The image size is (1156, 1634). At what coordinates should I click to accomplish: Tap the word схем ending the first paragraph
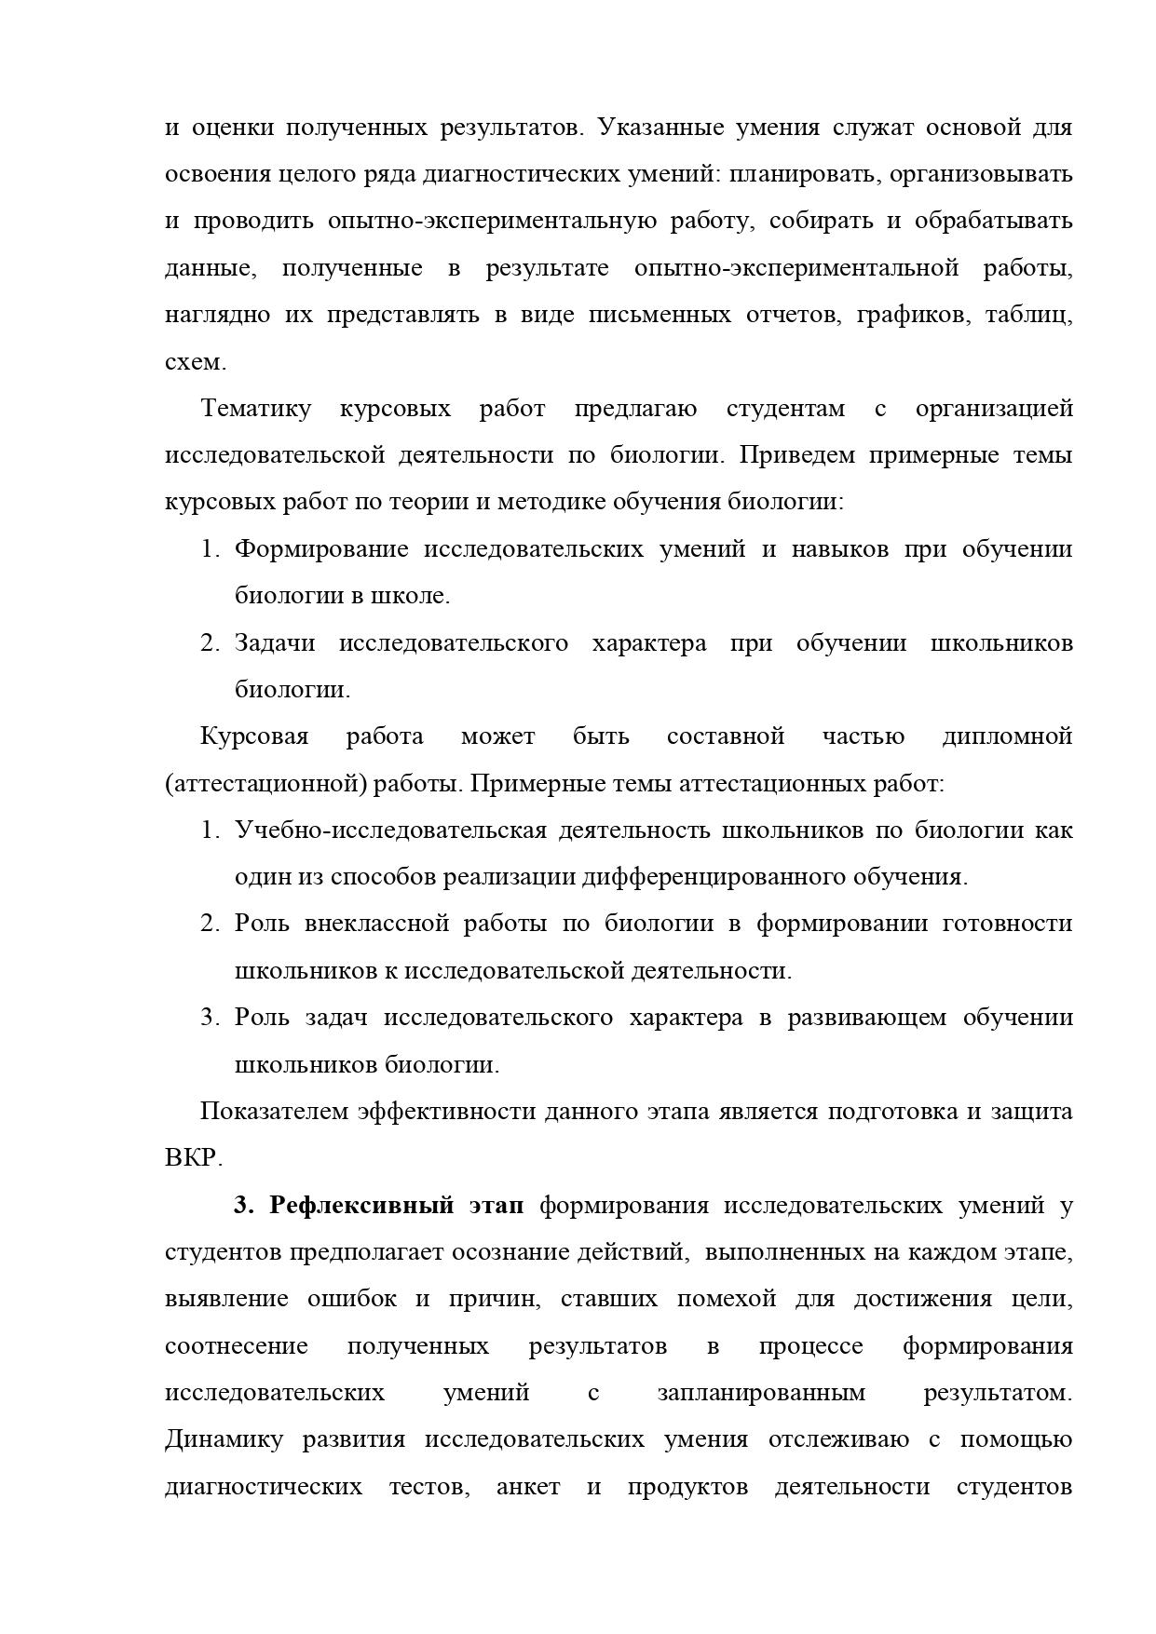click(193, 362)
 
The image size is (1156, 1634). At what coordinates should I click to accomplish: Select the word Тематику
click(256, 409)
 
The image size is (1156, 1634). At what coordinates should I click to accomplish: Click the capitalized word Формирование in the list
click(321, 549)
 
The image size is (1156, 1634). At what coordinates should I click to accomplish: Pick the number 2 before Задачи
click(209, 643)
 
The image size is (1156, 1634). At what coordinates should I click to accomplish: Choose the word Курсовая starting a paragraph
click(254, 736)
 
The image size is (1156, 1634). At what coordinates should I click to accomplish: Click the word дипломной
click(1007, 736)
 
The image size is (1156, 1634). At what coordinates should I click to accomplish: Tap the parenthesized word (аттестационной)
click(265, 784)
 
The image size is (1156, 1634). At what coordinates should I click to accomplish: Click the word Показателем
click(274, 1112)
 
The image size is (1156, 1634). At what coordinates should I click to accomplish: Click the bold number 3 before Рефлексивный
click(241, 1206)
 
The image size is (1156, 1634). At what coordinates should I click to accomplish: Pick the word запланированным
click(761, 1393)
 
